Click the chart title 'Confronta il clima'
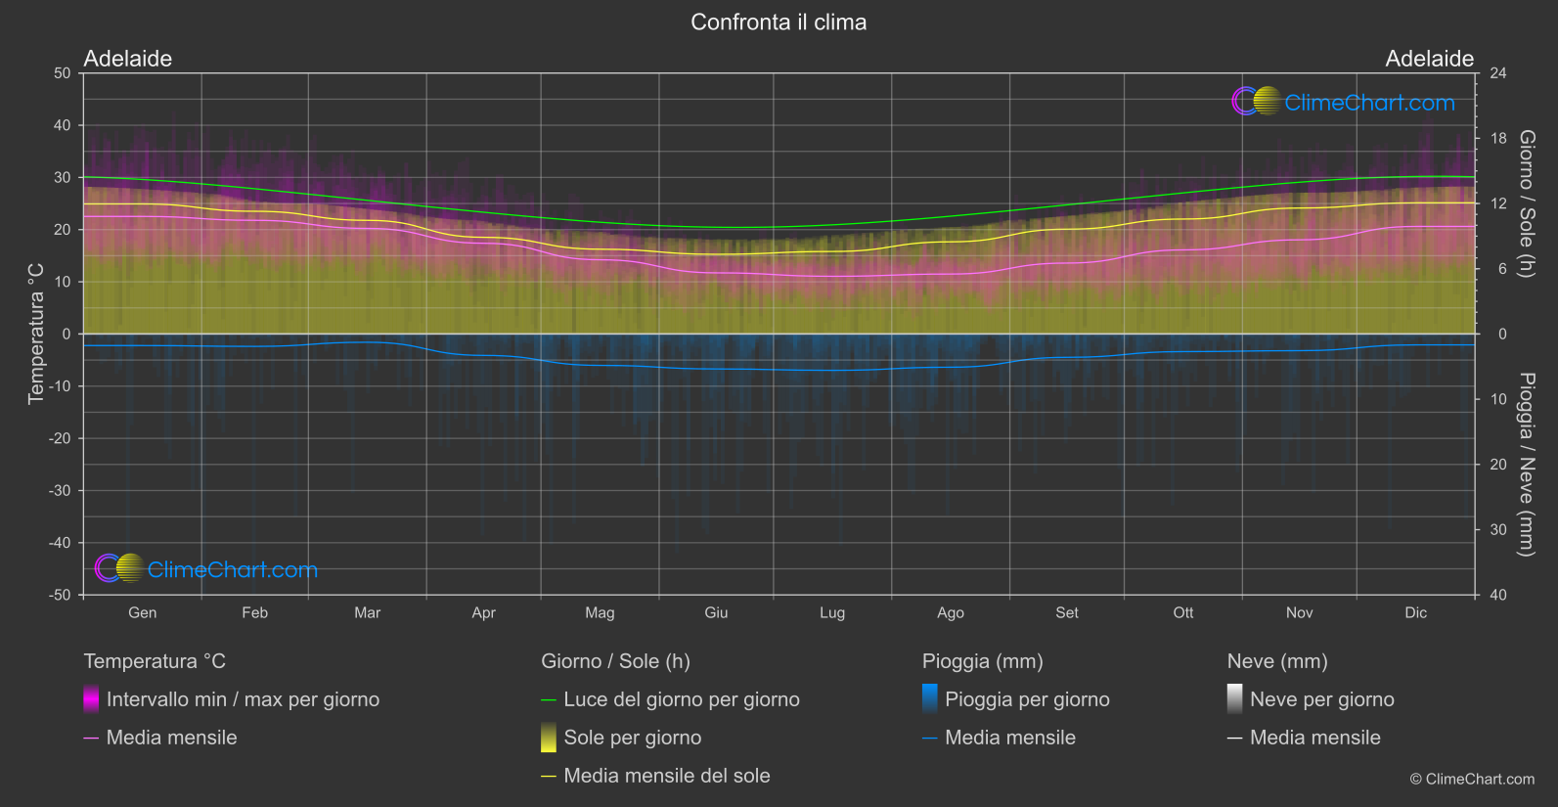click(x=779, y=22)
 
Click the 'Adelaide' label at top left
click(x=128, y=59)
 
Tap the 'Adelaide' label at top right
click(x=1429, y=59)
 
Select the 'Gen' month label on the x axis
click(x=143, y=612)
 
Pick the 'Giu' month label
click(x=716, y=612)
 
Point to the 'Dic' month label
click(x=1415, y=612)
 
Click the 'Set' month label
click(x=1067, y=612)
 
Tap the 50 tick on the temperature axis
click(x=63, y=73)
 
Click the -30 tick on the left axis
click(x=60, y=491)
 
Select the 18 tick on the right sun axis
click(x=1498, y=139)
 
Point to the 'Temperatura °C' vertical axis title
click(x=36, y=334)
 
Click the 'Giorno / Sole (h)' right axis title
click(x=1526, y=203)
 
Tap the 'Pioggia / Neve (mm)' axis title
click(x=1526, y=465)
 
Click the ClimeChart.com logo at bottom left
click(x=206, y=569)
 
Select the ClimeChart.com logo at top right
click(x=1344, y=102)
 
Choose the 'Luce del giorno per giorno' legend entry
click(x=681, y=699)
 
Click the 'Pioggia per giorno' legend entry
click(x=1027, y=699)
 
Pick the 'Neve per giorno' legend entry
click(x=1321, y=699)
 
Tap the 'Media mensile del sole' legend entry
click(x=666, y=776)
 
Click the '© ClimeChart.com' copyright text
click(x=1472, y=780)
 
